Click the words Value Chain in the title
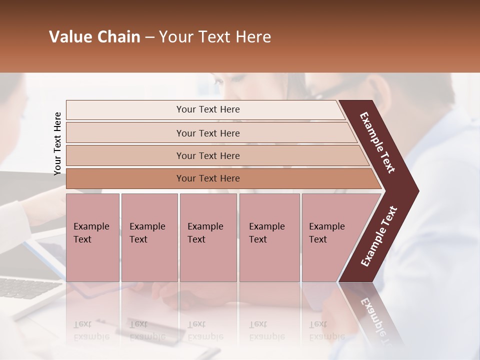click(94, 37)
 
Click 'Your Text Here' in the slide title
click(215, 37)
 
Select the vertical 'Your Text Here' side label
click(57, 143)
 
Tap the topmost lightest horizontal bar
click(207, 109)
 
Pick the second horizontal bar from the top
click(207, 133)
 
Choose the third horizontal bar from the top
click(207, 155)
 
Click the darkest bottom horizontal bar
click(207, 178)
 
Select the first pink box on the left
click(92, 237)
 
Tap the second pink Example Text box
click(149, 237)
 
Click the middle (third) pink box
click(207, 237)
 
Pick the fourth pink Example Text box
click(269, 237)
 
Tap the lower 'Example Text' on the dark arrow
click(379, 236)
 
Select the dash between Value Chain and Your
click(149, 37)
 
